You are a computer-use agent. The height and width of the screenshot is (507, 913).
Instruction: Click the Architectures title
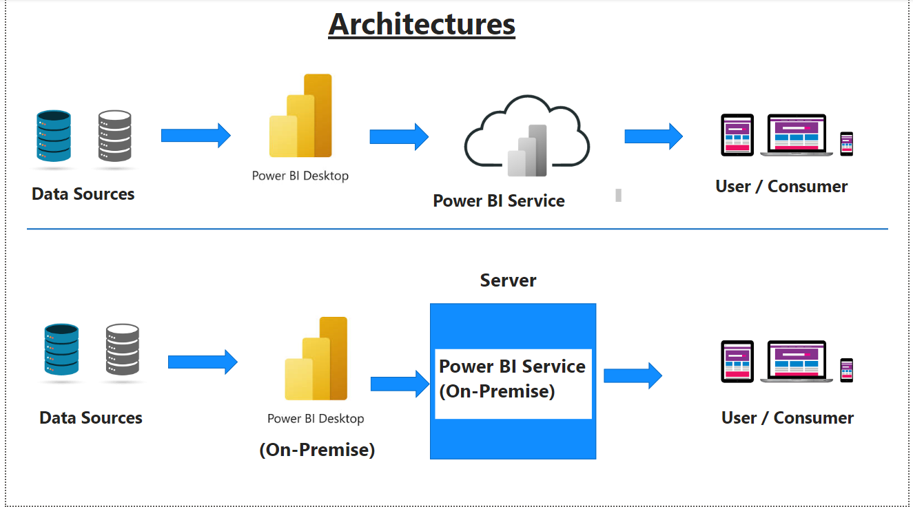422,25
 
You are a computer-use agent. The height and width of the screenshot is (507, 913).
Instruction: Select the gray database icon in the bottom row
123,349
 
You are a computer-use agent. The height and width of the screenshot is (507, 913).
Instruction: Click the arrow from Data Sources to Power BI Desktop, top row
196,135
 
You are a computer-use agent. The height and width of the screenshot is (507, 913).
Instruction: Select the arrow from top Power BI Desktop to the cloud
399,136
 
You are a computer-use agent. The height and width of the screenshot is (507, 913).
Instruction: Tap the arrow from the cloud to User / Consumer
653,136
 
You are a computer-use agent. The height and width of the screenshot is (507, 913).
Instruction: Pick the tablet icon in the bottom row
737,361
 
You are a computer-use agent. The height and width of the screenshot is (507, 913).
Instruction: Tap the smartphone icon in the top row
846,143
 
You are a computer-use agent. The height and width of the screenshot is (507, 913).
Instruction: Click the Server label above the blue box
508,280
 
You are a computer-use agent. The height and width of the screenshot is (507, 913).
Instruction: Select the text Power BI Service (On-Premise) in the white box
512,379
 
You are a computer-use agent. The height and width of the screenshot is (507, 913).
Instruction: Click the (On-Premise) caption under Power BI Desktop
317,450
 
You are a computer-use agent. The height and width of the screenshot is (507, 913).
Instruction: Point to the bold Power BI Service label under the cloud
498,201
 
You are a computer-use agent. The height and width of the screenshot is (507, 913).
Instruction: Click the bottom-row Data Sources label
91,418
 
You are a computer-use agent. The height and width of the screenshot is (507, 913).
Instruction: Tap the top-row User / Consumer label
781,187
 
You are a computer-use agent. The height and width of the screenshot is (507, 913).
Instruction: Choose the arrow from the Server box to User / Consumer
633,375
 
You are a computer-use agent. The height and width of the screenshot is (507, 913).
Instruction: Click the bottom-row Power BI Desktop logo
316,359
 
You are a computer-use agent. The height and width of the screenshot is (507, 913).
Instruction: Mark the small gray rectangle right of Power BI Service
618,195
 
